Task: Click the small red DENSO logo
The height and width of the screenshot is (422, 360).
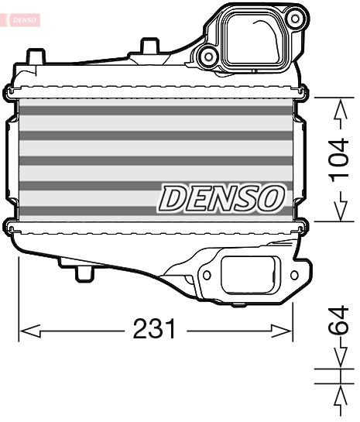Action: point(21,19)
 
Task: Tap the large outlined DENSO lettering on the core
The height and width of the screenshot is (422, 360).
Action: point(221,198)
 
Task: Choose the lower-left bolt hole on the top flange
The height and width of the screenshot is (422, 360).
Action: point(207,55)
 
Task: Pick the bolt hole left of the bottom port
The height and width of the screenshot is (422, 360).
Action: point(207,274)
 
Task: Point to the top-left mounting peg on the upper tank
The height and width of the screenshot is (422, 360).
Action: point(34,57)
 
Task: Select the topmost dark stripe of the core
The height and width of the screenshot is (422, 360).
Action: point(156,110)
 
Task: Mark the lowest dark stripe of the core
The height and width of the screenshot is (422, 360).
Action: point(156,210)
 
